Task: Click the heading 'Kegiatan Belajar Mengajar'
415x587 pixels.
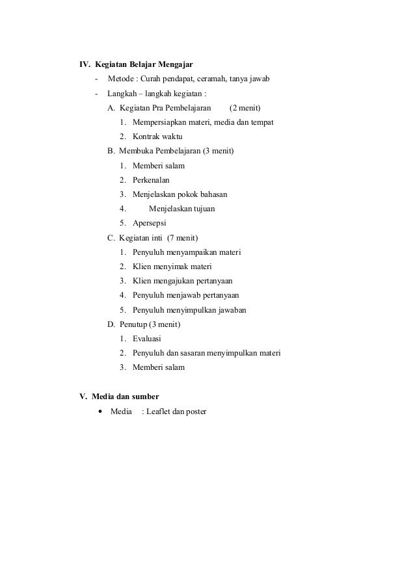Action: tap(144, 64)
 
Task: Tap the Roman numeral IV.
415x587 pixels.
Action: tap(85, 64)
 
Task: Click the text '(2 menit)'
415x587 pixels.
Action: tap(249, 108)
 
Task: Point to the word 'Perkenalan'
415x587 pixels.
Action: tap(151, 180)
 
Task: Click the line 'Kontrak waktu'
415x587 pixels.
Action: tap(157, 137)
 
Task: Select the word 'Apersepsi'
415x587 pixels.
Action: tap(150, 223)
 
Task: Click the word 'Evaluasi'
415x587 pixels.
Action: tap(147, 339)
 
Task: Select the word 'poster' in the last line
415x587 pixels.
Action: tap(194, 411)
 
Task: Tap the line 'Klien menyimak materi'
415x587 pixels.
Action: tap(172, 267)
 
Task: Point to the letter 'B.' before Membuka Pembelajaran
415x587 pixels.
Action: tap(111, 151)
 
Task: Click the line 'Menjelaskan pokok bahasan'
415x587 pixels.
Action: tap(180, 194)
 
